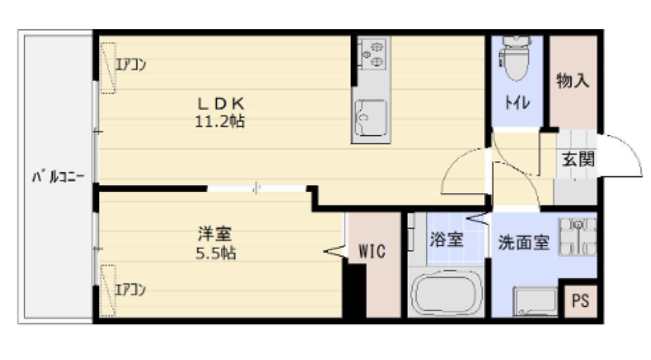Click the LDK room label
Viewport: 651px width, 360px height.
[220, 103]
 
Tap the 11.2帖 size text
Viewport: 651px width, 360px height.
[220, 122]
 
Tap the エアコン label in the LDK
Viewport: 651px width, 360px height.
[130, 66]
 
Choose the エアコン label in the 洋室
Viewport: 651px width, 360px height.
[130, 290]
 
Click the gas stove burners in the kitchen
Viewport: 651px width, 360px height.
[370, 54]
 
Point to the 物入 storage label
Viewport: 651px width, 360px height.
[573, 81]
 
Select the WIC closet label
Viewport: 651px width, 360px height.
[372, 252]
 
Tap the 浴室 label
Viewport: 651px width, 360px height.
[446, 239]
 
